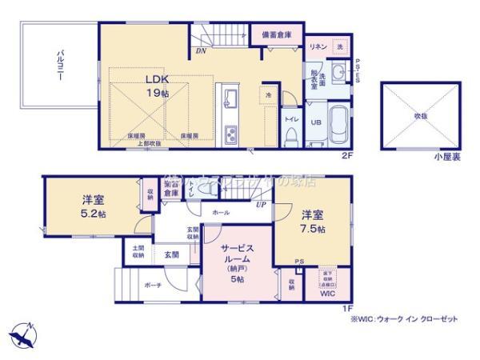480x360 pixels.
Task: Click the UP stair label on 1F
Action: coord(261,203)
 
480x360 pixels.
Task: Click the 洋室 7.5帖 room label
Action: coord(313,222)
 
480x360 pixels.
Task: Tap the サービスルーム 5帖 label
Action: coord(238,259)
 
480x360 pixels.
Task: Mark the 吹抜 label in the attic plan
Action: coord(418,114)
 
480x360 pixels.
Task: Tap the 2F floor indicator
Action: coord(347,154)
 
